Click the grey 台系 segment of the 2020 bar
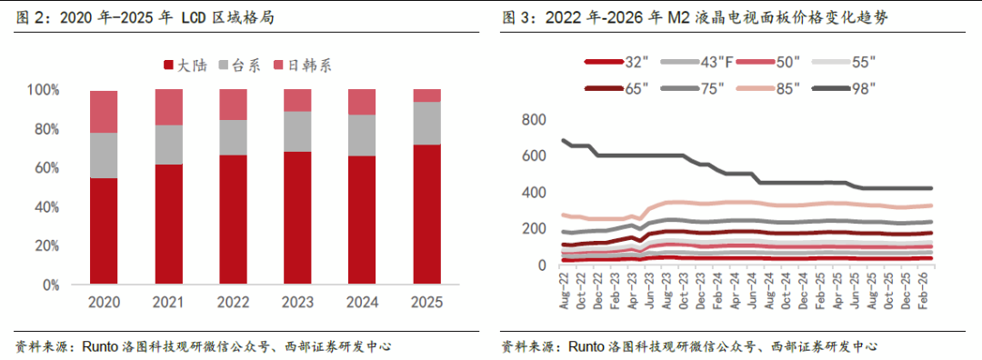(104, 155)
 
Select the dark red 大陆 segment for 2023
(297, 218)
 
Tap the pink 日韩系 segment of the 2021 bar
(169, 107)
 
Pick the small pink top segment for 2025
(426, 95)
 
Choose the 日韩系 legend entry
(303, 65)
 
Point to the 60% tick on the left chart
(60, 168)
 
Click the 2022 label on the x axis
(233, 303)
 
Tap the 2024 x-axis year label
(362, 303)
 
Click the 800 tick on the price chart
(534, 120)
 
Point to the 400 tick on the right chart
(534, 193)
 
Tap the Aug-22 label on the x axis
(565, 293)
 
